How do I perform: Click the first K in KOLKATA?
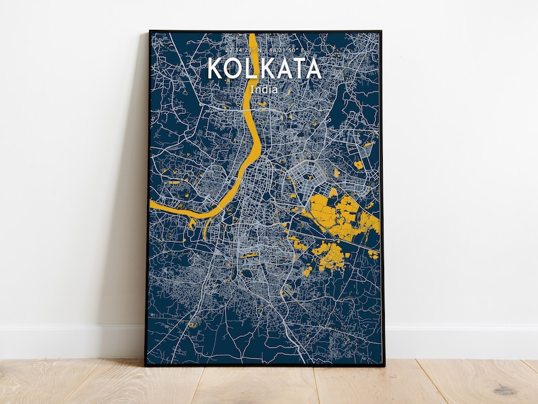pos(215,69)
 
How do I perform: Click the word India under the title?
pos(264,89)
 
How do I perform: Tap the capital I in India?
pos(252,89)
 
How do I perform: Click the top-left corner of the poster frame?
pos(150,31)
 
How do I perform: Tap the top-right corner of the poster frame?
pos(381,31)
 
